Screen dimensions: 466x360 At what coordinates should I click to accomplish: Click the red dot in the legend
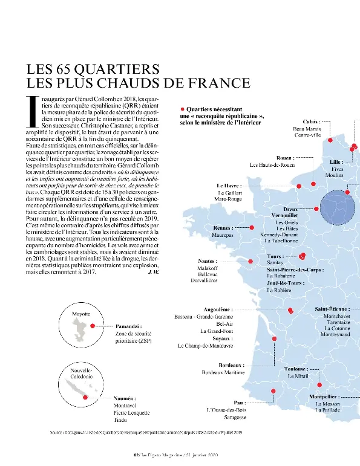coord(182,109)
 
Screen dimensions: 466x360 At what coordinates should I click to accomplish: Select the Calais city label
coord(311,121)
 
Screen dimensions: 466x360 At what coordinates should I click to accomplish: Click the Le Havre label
coord(229,186)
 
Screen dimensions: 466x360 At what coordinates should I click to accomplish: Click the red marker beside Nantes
coord(252,262)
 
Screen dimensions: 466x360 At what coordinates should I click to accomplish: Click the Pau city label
coord(239,402)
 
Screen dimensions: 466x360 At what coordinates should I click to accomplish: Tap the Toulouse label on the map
coord(296,368)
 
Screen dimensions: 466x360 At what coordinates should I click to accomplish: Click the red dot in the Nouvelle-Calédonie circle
coord(85,396)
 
